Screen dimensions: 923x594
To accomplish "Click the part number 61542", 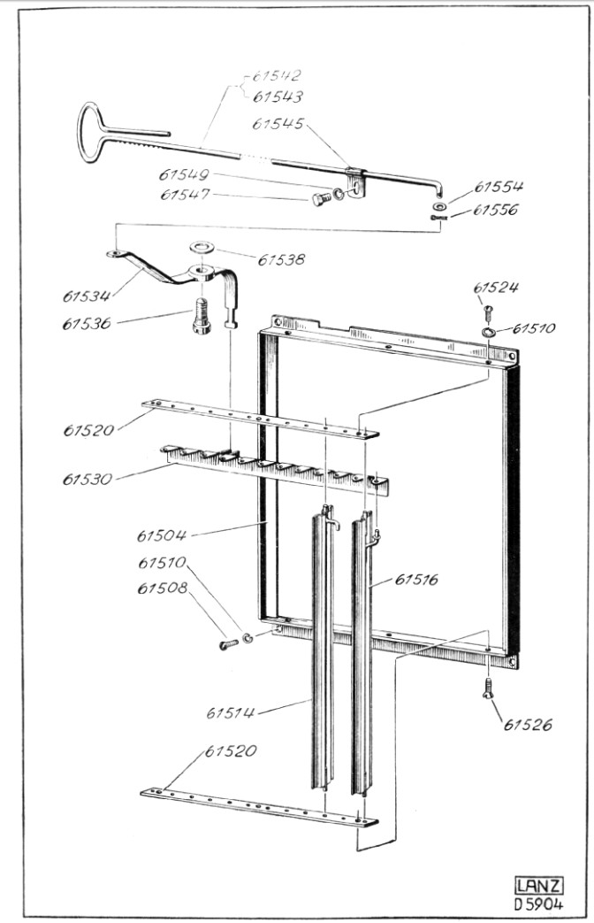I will coord(276,77).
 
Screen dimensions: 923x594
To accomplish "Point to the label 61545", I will coord(278,124).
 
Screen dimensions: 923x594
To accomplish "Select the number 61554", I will coord(499,187).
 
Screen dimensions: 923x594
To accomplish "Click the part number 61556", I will coord(498,210).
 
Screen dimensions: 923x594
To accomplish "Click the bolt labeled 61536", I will coord(202,317).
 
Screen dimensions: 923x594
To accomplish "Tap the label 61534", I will coord(88,295).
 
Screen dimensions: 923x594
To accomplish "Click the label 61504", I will coord(164,535).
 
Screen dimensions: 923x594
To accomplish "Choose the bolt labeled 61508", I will coord(228,643).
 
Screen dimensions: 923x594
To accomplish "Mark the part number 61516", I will coord(417,580).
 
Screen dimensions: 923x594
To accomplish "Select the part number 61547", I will coord(185,195).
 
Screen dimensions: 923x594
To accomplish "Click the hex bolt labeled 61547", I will coord(320,200).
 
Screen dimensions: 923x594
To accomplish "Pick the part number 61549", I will coord(185,174).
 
